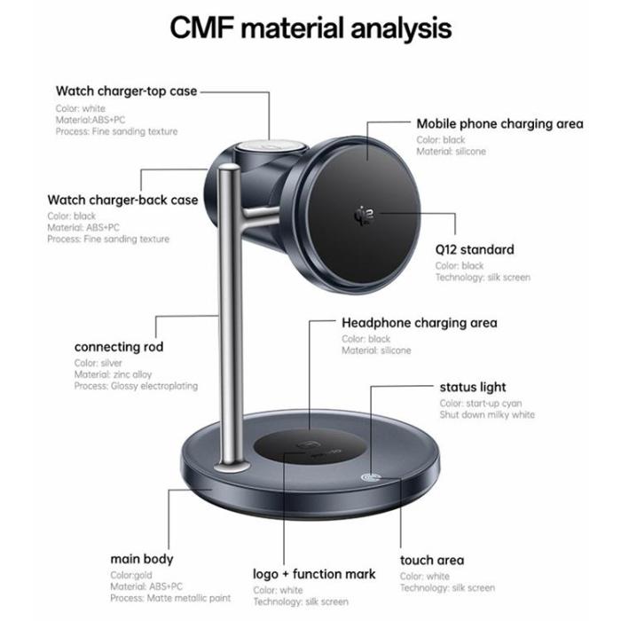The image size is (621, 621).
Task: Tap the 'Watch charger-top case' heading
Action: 126,90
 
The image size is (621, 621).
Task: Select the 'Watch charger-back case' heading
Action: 122,200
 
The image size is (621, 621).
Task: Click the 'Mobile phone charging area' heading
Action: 499,124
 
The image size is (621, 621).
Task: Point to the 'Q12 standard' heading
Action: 475,249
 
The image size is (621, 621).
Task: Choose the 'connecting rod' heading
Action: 119,347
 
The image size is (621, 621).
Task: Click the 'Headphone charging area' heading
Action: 419,323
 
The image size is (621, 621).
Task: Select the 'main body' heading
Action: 142,559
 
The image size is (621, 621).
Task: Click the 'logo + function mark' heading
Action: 314,573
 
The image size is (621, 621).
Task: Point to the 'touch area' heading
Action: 431,560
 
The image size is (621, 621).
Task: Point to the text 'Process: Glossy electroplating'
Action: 136,386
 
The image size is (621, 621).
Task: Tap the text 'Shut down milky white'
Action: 487,414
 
